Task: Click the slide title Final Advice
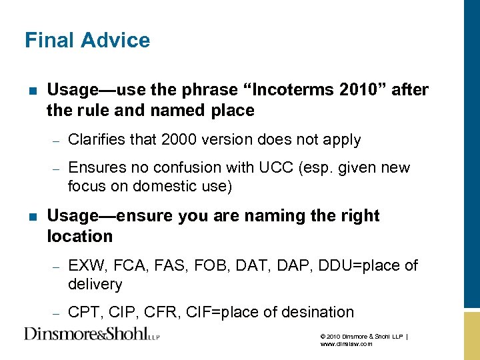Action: pos(87,41)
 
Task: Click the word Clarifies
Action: pos(96,140)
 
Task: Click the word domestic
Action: pos(160,187)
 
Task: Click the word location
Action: pos(80,236)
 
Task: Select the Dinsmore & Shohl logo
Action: pos(92,333)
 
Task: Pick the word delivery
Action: pos(95,285)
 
